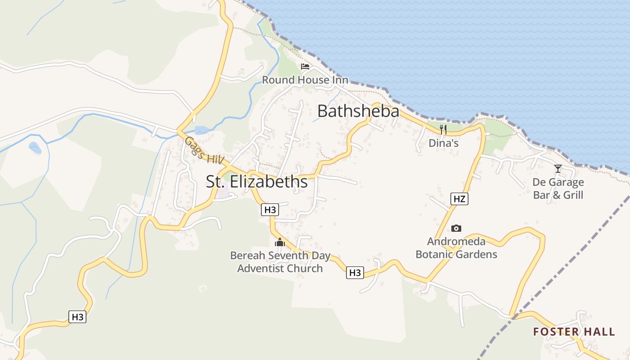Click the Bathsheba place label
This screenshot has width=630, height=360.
[x=358, y=111]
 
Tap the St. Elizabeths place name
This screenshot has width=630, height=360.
[x=257, y=181]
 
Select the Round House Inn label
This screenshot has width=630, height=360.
[x=305, y=80]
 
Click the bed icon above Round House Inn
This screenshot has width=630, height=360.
[x=305, y=67]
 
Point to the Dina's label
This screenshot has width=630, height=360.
[x=443, y=143]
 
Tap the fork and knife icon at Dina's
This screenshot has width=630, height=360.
[x=443, y=130]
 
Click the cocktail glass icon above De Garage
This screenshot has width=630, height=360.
[x=558, y=169]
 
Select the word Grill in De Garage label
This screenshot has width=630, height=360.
[x=570, y=195]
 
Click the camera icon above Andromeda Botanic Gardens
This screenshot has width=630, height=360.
[x=456, y=229]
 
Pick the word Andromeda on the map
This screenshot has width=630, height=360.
[x=456, y=242]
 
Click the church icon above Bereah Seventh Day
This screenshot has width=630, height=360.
[x=280, y=243]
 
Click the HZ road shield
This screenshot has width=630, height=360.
[x=459, y=199]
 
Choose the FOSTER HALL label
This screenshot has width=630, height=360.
[x=574, y=332]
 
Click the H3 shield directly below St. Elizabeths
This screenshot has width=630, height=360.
[x=270, y=210]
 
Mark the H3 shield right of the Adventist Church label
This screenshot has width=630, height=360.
[x=355, y=273]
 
